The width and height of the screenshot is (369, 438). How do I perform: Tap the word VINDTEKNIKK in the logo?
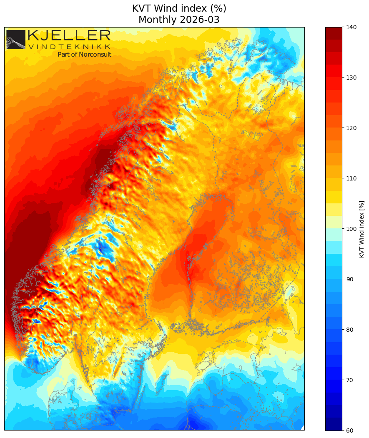pyautogui.click(x=69, y=47)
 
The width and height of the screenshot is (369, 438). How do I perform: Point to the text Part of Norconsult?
pyautogui.click(x=84, y=54)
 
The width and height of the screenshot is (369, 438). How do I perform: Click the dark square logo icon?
pyautogui.click(x=16, y=40)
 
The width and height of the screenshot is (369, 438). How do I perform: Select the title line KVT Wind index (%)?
pyautogui.click(x=179, y=8)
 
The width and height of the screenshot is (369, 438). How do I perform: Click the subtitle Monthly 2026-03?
pyautogui.click(x=179, y=20)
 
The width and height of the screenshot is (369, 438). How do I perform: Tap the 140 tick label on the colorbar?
pyautogui.click(x=351, y=27)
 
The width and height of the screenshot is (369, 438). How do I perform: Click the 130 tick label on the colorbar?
pyautogui.click(x=351, y=78)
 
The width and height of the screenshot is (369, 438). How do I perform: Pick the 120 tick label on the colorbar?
pyautogui.click(x=351, y=128)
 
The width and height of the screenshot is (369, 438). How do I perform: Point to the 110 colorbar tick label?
pyautogui.click(x=351, y=178)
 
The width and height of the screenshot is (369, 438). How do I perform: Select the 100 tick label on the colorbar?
pyautogui.click(x=351, y=229)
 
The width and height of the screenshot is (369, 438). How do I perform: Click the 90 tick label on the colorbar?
pyautogui.click(x=349, y=279)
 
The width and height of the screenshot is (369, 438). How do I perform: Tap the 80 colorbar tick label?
pyautogui.click(x=349, y=330)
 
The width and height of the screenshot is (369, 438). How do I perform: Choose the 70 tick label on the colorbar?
pyautogui.click(x=349, y=380)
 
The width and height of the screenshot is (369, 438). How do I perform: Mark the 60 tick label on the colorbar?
pyautogui.click(x=349, y=430)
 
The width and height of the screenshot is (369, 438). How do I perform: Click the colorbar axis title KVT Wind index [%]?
pyautogui.click(x=362, y=229)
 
